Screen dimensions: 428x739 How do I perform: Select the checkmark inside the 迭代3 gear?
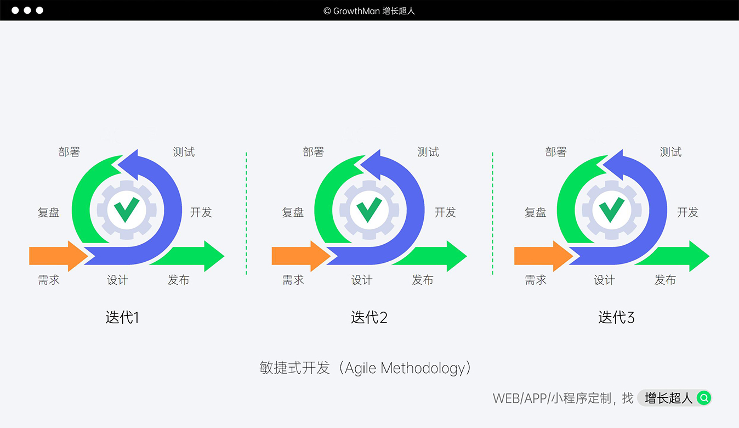point(611,209)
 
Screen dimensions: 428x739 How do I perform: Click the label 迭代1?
point(122,317)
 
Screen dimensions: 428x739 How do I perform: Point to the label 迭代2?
point(369,317)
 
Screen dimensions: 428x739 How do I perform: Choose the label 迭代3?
point(616,317)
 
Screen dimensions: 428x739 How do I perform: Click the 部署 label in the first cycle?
point(69,152)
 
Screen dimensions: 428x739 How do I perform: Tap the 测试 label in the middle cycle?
point(428,152)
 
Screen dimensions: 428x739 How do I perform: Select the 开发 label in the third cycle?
point(687,212)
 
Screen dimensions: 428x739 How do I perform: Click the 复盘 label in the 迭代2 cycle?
point(293,212)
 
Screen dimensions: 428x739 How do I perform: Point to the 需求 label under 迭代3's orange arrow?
point(536,280)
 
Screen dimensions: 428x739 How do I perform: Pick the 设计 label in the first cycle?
point(117,280)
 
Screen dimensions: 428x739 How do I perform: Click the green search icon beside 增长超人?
point(704,398)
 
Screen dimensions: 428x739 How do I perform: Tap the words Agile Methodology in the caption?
point(405,368)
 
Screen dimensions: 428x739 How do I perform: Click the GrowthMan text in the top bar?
point(356,10)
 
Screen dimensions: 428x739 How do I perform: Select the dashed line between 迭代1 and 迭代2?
point(246,214)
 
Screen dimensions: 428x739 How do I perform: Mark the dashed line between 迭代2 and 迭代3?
point(493,214)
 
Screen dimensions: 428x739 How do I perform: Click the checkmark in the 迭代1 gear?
point(126,209)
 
